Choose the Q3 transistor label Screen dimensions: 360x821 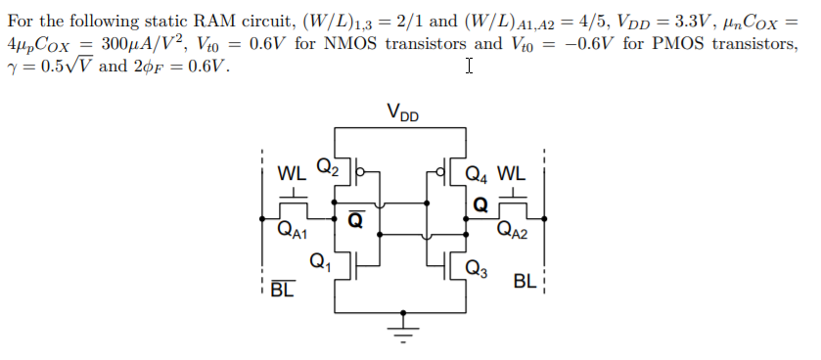(477, 267)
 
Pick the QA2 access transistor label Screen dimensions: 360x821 (513, 232)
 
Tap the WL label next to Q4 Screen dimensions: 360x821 (512, 176)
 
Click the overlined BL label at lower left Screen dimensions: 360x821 (282, 290)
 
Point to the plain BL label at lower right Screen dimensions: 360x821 (524, 282)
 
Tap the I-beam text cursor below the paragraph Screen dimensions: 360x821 (470, 66)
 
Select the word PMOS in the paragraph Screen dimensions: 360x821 (653, 44)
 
